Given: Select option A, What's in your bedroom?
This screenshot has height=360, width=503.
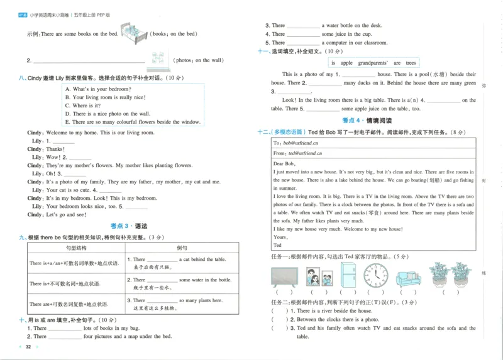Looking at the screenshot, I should (x=97, y=89).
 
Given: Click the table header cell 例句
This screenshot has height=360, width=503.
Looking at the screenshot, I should (x=182, y=248).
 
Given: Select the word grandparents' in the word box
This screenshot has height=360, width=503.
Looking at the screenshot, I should (x=375, y=63).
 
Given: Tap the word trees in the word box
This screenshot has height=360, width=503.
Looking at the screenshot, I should (x=411, y=63).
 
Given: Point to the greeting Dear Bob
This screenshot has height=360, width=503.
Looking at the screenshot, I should (x=284, y=163).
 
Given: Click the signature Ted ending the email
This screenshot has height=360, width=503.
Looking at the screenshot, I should (x=277, y=245).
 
